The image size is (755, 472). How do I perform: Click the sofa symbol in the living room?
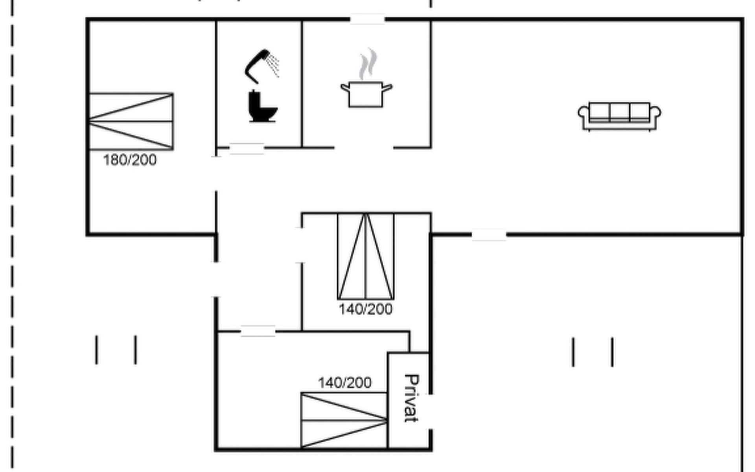pyautogui.click(x=619, y=116)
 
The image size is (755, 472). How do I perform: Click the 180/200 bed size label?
pyautogui.click(x=130, y=160)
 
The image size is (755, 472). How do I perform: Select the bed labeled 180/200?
pyautogui.click(x=131, y=121)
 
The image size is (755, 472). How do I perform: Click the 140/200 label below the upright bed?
pyautogui.click(x=366, y=310)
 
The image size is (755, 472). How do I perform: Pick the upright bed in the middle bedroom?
pyautogui.click(x=366, y=256)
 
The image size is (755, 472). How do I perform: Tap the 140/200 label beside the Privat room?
pyautogui.click(x=344, y=383)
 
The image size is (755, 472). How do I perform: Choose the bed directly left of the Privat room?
pyautogui.click(x=344, y=420)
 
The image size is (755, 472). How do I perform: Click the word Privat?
pyautogui.click(x=411, y=398)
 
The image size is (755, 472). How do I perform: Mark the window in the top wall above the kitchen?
pyautogui.click(x=367, y=19)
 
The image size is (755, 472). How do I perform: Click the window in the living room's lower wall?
pyautogui.click(x=489, y=235)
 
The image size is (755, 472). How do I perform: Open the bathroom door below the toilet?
pyautogui.click(x=247, y=149)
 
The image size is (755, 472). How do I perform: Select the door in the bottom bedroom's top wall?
pyautogui.click(x=258, y=332)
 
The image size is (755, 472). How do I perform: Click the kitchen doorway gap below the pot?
pyautogui.click(x=364, y=148)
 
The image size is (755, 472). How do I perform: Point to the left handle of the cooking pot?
pyautogui.click(x=344, y=87)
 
